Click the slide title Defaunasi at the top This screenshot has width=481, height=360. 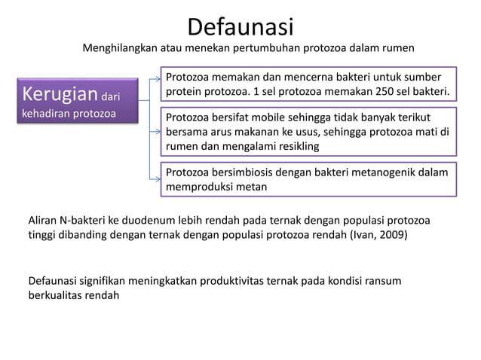pyautogui.click(x=240, y=26)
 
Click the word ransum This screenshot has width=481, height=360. pyautogui.click(x=382, y=281)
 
